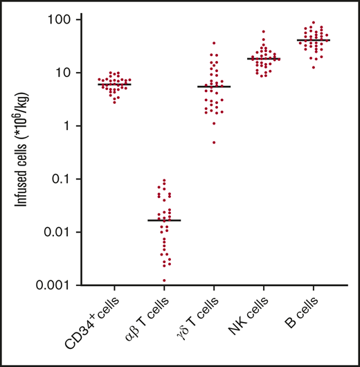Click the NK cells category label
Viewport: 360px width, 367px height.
(252, 316)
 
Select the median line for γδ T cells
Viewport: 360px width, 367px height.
(214, 87)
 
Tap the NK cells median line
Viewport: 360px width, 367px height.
(264, 59)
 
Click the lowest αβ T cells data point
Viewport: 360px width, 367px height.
(165, 280)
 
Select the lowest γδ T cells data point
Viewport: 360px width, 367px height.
(214, 142)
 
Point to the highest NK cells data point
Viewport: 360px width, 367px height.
(263, 31)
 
